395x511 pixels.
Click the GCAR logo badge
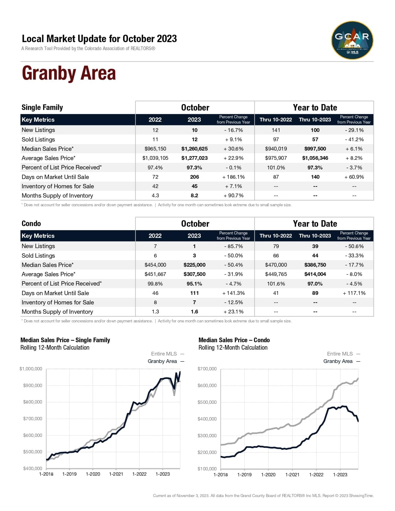pos(352,40)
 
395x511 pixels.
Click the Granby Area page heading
pos(69,73)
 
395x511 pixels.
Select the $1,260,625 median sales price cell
pos(194,149)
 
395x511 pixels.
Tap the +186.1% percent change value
pos(233,177)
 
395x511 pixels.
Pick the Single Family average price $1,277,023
pos(194,158)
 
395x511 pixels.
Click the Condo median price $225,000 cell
pos(194,265)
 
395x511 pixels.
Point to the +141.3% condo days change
pos(233,293)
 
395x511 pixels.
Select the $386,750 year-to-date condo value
pos(315,265)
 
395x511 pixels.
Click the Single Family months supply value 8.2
pos(194,195)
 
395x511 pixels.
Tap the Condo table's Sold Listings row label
pos(38,255)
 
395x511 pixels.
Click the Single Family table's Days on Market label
pos(55,177)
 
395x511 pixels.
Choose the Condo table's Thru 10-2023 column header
pos(315,236)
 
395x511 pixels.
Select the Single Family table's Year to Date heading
pos(315,107)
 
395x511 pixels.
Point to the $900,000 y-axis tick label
pos(33,385)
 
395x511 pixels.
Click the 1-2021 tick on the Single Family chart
pos(116,474)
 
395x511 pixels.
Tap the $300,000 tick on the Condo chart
pos(207,435)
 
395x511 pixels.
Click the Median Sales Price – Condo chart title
pos(234,340)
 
